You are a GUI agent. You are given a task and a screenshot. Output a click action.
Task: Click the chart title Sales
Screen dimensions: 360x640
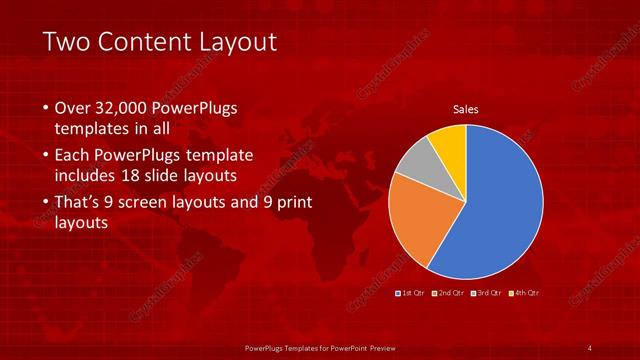pyautogui.click(x=466, y=108)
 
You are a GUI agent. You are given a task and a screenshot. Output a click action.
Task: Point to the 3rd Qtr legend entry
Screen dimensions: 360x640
pyautogui.click(x=487, y=293)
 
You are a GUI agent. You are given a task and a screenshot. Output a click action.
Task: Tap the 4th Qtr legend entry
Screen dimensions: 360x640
pyautogui.click(x=524, y=293)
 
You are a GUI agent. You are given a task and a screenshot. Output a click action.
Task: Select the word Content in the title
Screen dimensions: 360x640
pyautogui.click(x=150, y=42)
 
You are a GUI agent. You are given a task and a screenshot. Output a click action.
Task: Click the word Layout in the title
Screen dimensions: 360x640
pyautogui.click(x=241, y=42)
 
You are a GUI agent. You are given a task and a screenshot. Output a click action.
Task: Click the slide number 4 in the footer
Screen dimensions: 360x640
pyautogui.click(x=590, y=347)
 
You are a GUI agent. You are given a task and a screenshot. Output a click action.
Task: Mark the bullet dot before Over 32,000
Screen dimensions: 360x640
pyautogui.click(x=46, y=108)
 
